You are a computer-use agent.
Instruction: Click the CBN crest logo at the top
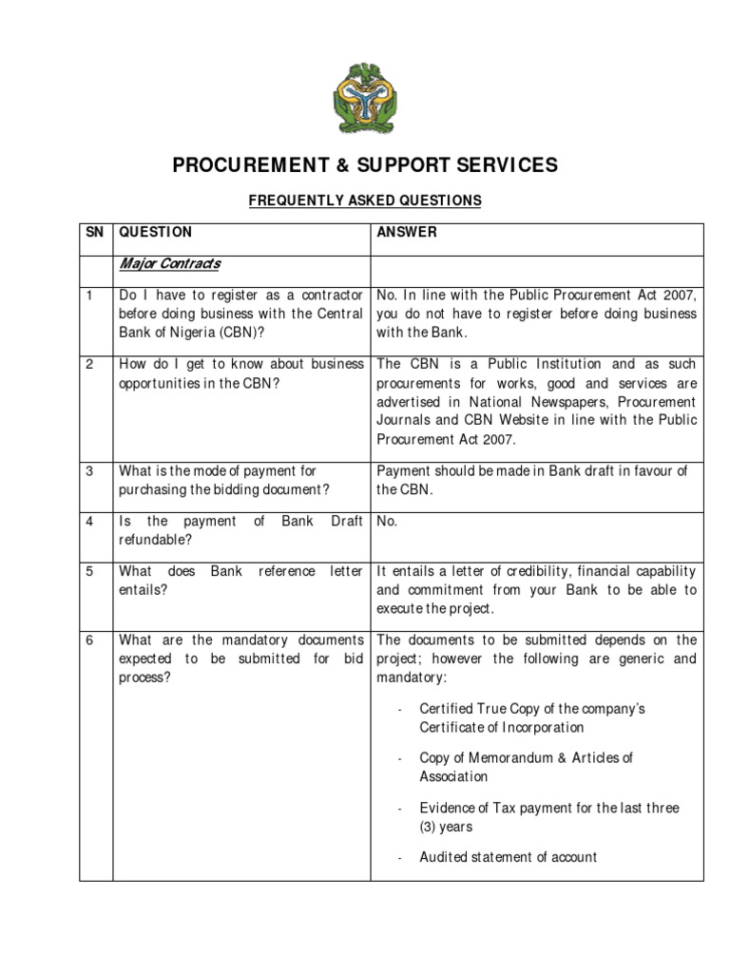coord(364,98)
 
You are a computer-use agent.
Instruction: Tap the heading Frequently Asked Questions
coord(365,200)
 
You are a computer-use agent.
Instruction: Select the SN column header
coord(94,232)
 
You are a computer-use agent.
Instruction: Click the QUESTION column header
coord(155,232)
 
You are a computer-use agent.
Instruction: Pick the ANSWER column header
coord(407,232)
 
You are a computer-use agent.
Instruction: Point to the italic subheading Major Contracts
coord(169,263)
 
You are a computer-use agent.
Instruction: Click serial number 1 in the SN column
coord(89,296)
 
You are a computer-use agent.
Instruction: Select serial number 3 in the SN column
coord(89,470)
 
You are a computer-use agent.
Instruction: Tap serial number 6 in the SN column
coord(89,639)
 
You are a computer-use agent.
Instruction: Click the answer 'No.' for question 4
coord(387,521)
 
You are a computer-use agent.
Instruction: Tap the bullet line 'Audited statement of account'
coord(508,857)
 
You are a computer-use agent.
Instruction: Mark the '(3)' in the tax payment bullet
coord(429,827)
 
